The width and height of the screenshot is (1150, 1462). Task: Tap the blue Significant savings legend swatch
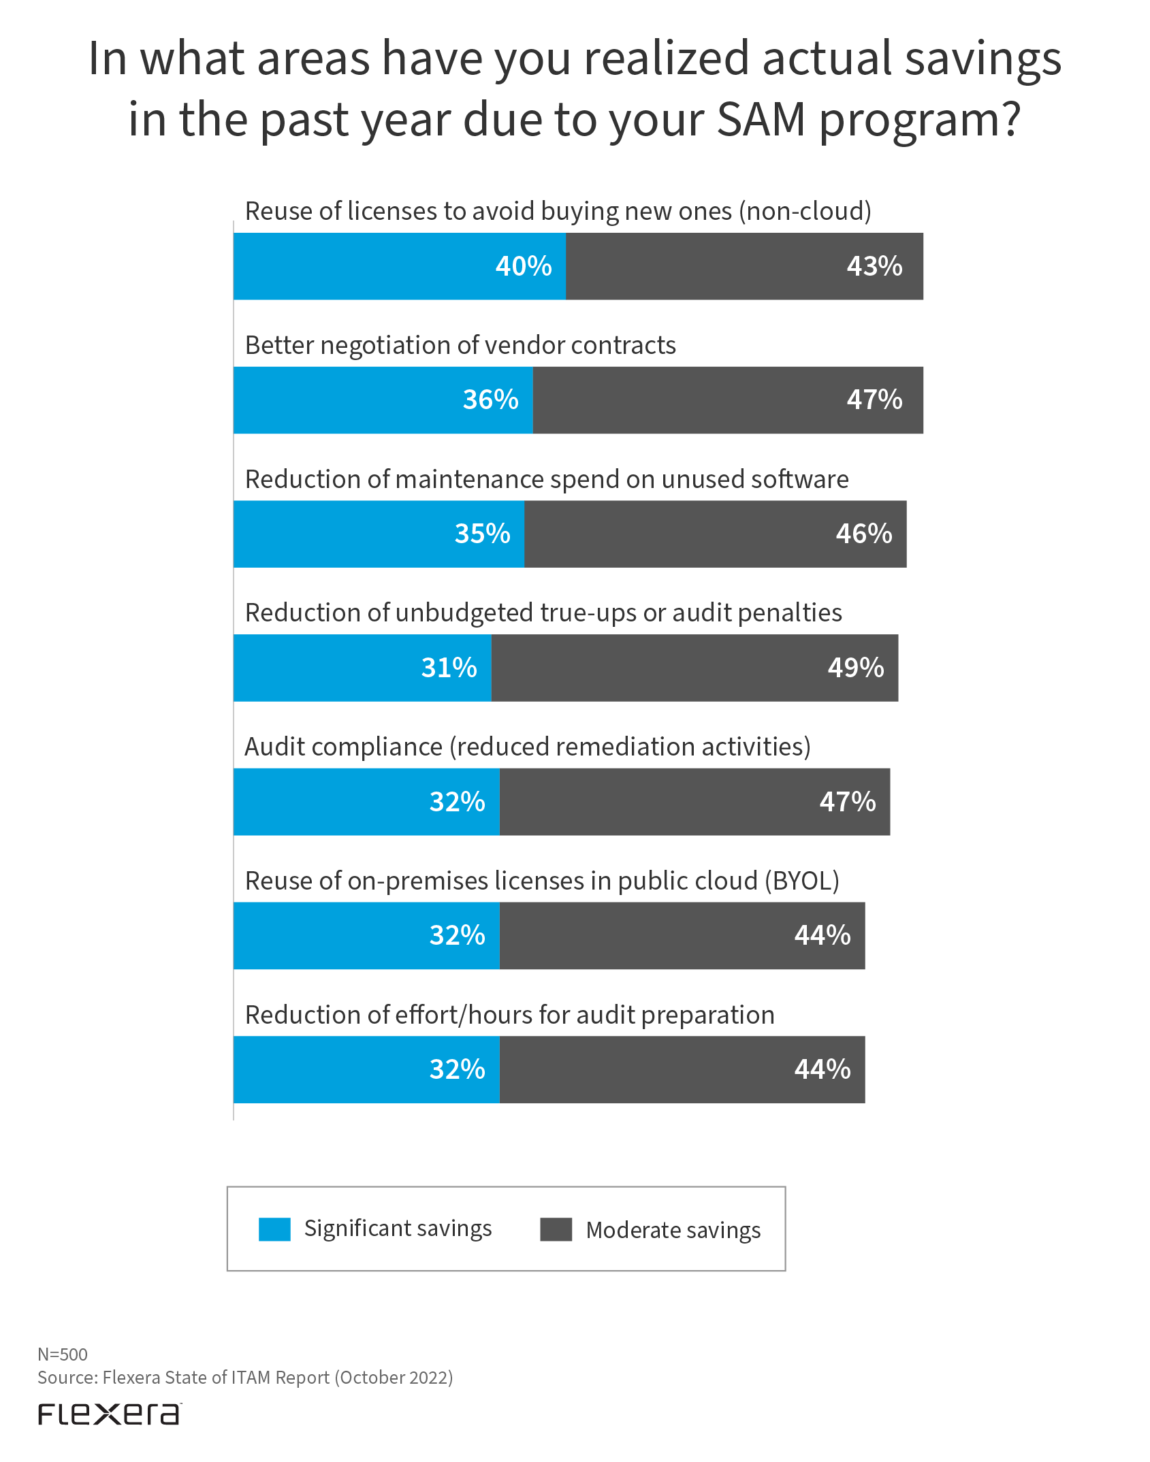[274, 1229]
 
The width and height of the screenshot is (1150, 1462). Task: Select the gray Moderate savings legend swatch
[556, 1229]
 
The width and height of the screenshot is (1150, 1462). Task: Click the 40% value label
[523, 266]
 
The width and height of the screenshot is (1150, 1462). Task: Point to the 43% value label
[874, 266]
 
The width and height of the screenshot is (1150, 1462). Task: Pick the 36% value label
[490, 400]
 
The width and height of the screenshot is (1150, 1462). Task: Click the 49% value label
[855, 668]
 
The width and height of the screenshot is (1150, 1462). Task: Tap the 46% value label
[863, 534]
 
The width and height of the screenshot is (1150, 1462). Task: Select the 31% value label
[449, 668]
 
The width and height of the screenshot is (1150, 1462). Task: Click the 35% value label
[482, 534]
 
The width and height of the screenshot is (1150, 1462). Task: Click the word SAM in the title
[761, 120]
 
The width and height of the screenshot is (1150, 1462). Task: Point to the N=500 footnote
[63, 1354]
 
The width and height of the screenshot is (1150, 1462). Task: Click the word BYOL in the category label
[801, 881]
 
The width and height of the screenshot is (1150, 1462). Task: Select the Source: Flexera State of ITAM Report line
[245, 1378]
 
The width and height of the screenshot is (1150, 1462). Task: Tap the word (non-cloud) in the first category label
[808, 212]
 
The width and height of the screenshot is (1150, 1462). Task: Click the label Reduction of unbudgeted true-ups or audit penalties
[543, 613]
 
